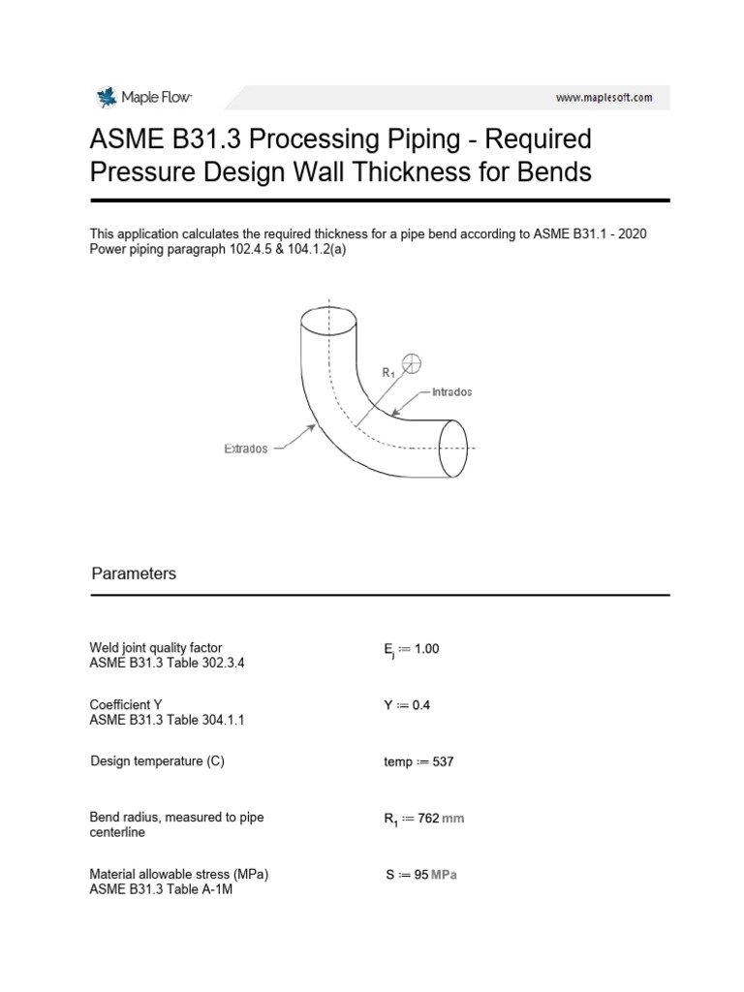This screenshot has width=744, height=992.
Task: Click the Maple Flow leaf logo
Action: [105, 97]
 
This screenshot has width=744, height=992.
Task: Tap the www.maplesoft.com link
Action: [604, 98]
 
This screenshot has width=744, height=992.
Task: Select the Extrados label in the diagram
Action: [246, 449]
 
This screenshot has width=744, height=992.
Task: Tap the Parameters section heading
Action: [134, 573]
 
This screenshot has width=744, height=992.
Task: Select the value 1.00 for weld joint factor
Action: [426, 649]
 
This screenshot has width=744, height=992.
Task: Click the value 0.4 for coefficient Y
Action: [420, 705]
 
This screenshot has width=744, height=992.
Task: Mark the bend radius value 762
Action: [426, 819]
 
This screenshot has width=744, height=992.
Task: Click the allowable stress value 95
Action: [420, 875]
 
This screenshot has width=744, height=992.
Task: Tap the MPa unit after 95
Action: [444, 875]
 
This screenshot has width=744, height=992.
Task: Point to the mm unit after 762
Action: [452, 819]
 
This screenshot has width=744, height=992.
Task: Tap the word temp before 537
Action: [397, 761]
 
